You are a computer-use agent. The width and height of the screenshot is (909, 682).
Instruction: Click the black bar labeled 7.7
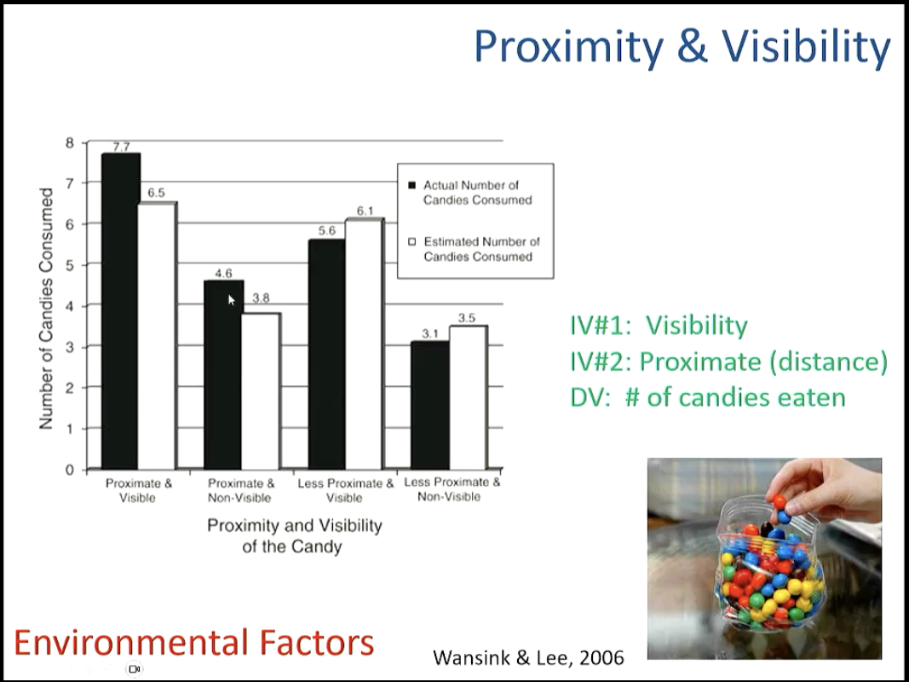(x=121, y=311)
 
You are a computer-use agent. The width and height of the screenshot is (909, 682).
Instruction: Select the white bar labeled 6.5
(x=158, y=336)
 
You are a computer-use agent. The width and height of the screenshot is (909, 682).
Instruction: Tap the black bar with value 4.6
(x=223, y=375)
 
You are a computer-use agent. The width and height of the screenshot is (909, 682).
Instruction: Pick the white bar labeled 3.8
(x=261, y=391)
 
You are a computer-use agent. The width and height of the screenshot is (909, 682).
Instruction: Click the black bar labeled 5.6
(x=326, y=355)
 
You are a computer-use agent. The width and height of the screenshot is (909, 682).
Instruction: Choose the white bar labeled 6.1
(x=364, y=344)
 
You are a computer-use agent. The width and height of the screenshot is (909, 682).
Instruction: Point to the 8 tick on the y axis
(x=70, y=142)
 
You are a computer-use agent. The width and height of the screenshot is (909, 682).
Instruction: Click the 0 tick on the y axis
(x=70, y=470)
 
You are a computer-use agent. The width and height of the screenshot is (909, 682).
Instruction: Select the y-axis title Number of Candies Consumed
(x=46, y=308)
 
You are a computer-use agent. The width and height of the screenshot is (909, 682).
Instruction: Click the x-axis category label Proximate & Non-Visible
(x=241, y=490)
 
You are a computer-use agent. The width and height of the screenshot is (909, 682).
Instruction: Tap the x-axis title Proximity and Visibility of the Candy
(x=294, y=535)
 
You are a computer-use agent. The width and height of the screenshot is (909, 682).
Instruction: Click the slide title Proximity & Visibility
(x=682, y=46)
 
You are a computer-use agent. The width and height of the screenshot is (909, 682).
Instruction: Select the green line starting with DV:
(x=708, y=397)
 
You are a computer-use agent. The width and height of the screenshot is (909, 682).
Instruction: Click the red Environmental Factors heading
(x=193, y=642)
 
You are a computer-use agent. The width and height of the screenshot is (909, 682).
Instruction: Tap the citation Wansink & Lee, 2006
(x=528, y=657)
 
